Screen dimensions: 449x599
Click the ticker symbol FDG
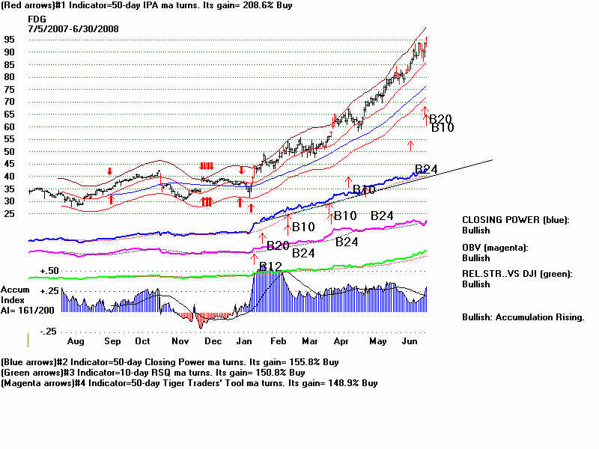(37, 19)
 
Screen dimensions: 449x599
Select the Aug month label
(75, 340)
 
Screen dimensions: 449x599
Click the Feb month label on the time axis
(279, 340)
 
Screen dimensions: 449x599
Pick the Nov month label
(180, 340)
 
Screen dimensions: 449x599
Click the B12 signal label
(270, 267)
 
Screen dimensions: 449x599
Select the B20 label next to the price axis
(440, 118)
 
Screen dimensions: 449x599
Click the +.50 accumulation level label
(49, 270)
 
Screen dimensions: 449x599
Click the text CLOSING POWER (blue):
(515, 220)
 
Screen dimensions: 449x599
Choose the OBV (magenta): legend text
(495, 247)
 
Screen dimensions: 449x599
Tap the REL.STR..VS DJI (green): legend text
(517, 274)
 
